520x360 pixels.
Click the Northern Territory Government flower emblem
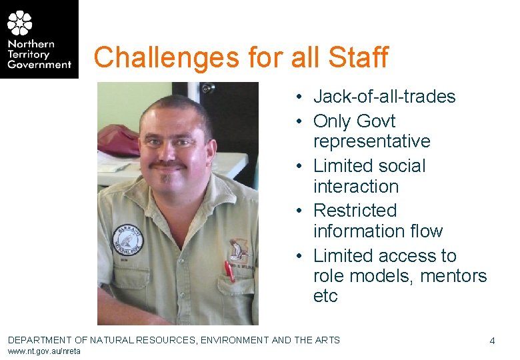20,23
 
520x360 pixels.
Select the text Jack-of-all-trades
384,97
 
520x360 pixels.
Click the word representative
371,141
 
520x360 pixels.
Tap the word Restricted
355,211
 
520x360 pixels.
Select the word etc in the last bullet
325,296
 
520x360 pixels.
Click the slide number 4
492,341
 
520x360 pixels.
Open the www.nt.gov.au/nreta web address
44,351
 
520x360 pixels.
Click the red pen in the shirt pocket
229,270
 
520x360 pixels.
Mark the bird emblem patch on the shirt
237,250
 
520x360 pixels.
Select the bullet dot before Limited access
301,256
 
